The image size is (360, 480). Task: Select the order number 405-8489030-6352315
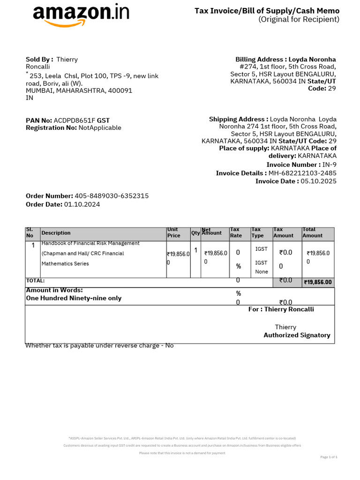(x=112, y=196)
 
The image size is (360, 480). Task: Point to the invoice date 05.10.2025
(x=318, y=181)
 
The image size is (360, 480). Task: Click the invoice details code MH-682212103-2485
(x=302, y=173)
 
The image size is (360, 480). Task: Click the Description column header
(x=56, y=233)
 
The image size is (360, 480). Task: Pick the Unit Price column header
(x=174, y=232)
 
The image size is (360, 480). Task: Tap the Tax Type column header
(x=258, y=232)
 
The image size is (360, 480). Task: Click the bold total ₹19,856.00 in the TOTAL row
(x=318, y=282)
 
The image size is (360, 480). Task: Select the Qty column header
(x=195, y=233)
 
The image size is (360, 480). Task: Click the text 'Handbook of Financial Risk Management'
(x=90, y=243)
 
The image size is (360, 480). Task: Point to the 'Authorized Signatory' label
(x=297, y=335)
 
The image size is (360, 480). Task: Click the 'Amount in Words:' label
(x=54, y=290)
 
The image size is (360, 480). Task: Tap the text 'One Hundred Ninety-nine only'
(x=74, y=298)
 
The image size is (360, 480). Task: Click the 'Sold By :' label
(x=39, y=60)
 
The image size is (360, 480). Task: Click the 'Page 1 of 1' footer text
(x=329, y=457)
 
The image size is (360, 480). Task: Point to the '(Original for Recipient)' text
(x=299, y=19)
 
